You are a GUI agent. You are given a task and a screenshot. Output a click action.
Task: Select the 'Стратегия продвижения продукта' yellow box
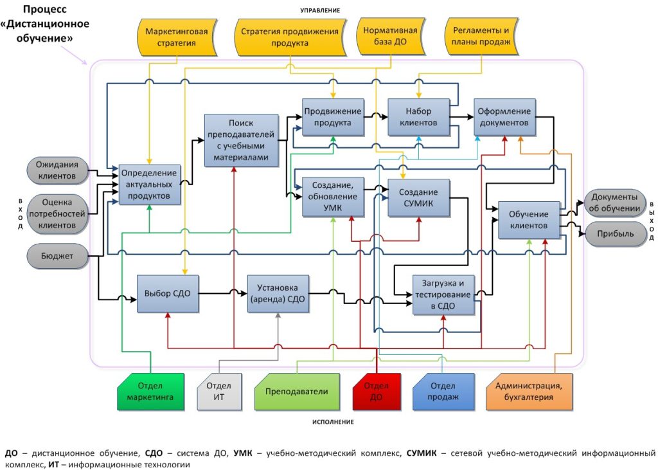290,37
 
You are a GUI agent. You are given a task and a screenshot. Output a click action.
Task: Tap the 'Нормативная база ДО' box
390,37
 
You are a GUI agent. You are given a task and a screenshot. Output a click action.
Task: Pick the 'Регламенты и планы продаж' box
481,37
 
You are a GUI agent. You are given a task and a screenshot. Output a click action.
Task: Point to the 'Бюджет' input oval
56,257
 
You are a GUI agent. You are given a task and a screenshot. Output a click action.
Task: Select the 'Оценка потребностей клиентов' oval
56,213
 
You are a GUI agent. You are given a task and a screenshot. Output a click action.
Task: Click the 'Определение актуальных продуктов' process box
149,185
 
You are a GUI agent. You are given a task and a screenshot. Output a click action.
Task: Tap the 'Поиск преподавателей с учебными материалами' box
241,141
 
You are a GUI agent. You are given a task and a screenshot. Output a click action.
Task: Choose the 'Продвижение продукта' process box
332,116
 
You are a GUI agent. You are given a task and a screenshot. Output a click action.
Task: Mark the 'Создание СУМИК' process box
418,197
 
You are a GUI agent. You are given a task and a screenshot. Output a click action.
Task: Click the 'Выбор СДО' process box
168,293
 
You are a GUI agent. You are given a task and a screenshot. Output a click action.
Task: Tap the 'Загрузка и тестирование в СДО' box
443,294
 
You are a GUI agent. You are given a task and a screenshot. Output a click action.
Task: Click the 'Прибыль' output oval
614,233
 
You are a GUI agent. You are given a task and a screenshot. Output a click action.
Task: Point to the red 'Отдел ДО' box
377,391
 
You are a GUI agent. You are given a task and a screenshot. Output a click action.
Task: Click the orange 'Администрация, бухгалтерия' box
529,391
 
